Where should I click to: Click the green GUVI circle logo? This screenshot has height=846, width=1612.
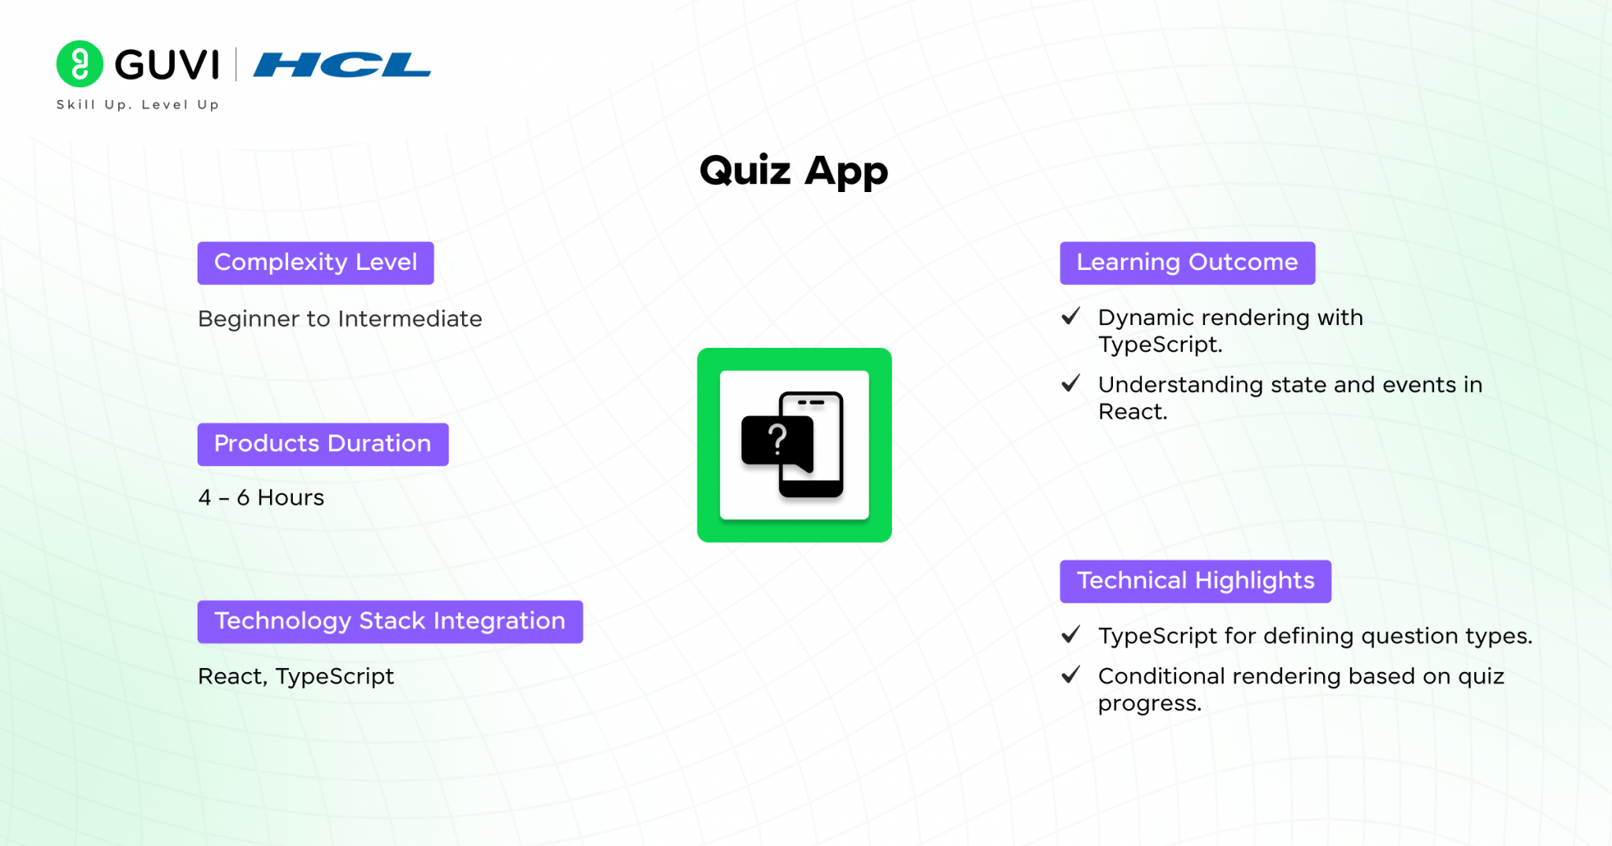coord(79,64)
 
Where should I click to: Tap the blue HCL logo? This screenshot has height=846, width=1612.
coord(342,65)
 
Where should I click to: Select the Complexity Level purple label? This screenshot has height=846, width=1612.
coord(316,263)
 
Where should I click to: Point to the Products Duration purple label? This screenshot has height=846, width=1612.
coord(323,445)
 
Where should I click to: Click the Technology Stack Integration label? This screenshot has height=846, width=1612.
coord(390,622)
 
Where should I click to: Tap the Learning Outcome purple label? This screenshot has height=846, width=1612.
coord(1187,263)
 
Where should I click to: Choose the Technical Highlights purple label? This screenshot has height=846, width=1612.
coord(1196,582)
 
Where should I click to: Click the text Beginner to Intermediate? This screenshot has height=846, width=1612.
coord(340,319)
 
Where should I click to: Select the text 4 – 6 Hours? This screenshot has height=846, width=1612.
coord(261,497)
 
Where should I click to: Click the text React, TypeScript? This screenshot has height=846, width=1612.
coord(296,677)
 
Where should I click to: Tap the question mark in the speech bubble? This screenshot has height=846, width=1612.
coord(778,439)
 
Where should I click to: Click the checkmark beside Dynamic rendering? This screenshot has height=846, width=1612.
coord(1070,316)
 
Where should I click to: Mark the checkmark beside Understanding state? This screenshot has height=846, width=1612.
coord(1070,383)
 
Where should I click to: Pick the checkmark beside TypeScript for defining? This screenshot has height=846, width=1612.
coord(1070,634)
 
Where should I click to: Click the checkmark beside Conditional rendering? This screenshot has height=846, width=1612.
coord(1070,674)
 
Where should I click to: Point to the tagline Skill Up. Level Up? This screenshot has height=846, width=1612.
coord(138,105)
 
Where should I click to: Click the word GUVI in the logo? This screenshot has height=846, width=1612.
coord(167,65)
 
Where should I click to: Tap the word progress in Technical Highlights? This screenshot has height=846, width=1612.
coord(1149,704)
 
